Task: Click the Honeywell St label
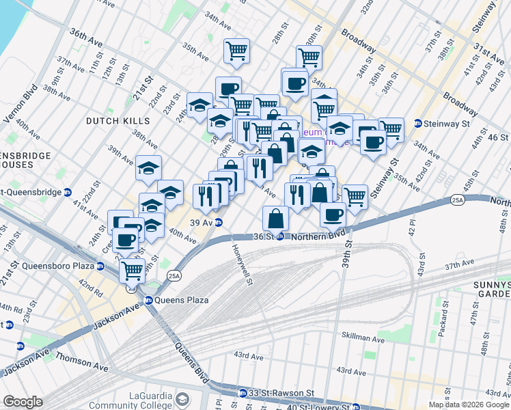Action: point(240,264)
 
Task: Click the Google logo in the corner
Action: point(23,402)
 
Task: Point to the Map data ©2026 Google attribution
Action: point(468,405)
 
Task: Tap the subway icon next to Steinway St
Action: point(418,124)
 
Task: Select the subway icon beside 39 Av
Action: point(218,222)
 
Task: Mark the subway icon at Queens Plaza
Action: point(148,300)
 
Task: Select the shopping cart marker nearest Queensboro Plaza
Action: point(131,270)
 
